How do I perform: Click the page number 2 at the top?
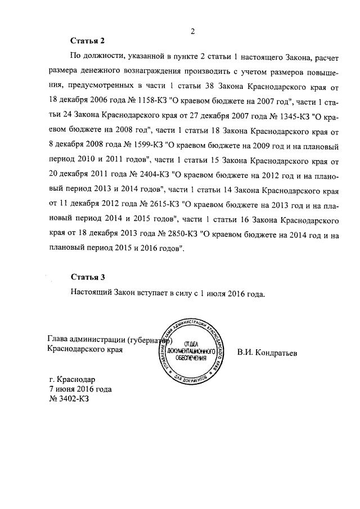point(192,31)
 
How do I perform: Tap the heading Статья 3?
point(88,277)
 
